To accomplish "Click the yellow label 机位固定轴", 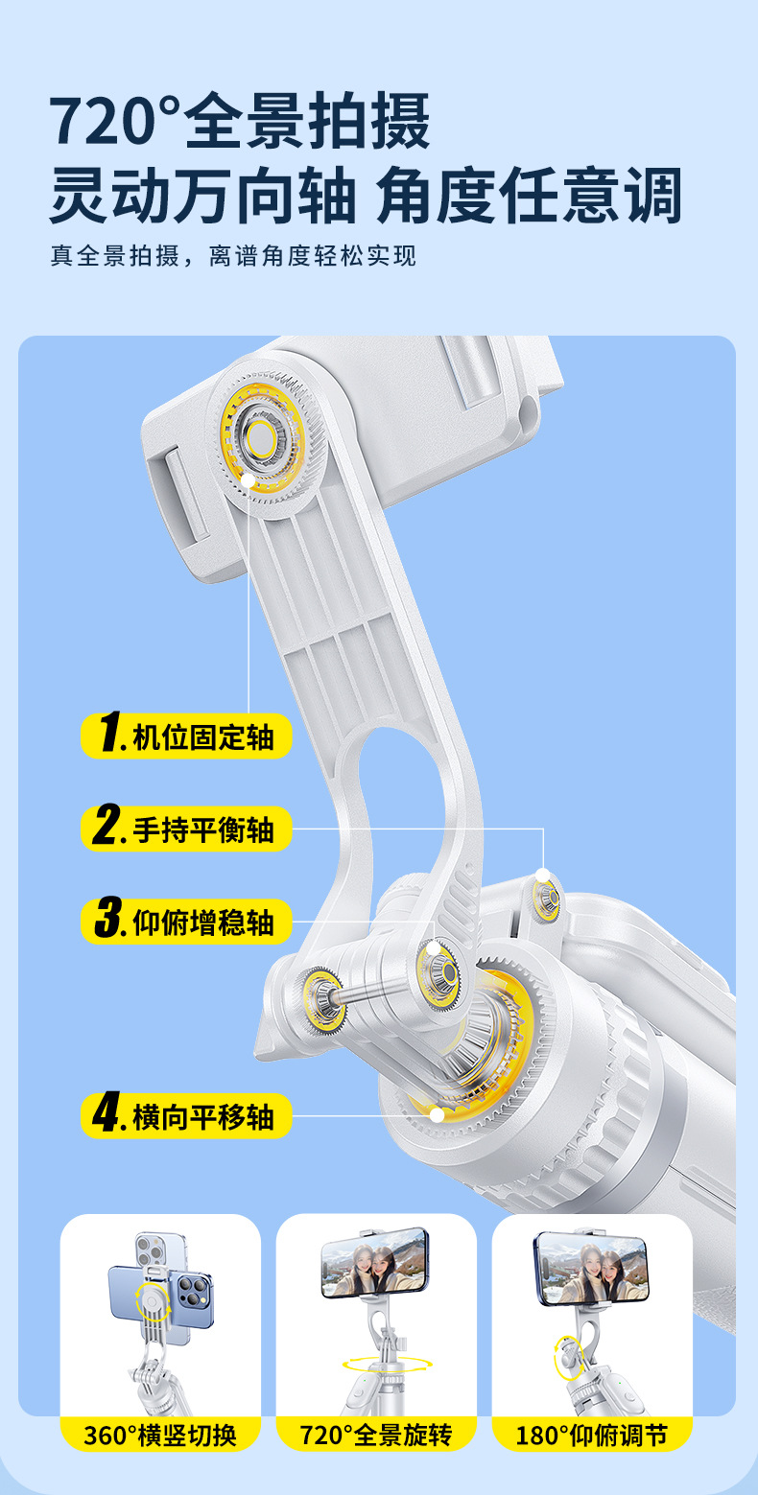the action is (x=186, y=736).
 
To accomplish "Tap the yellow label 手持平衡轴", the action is (x=186, y=829).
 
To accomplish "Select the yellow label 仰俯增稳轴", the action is (x=186, y=921).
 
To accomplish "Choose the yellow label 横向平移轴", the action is (x=186, y=1115).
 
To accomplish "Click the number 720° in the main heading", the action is (x=114, y=121).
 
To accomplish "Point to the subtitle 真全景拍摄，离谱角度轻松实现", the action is (x=234, y=256).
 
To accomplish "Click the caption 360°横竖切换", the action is (x=160, y=1436).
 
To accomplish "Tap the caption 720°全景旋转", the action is (x=376, y=1436).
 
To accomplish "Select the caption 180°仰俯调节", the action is (x=592, y=1436).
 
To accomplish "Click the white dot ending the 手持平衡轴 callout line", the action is (x=543, y=875).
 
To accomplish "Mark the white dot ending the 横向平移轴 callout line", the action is (x=437, y=1114).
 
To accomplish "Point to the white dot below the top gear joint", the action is (x=249, y=479).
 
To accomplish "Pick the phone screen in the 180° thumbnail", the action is (x=593, y=1268).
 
